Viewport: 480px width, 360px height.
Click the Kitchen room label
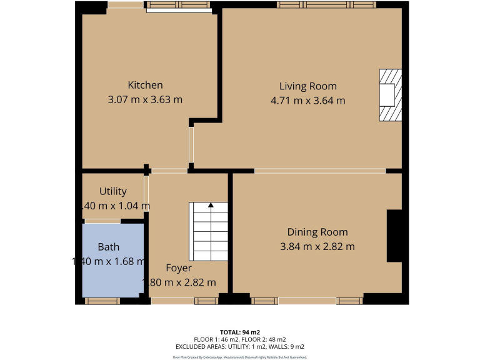145,85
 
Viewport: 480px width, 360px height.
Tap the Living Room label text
307,86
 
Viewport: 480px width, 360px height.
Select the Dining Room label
317,232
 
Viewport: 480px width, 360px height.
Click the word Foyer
178,268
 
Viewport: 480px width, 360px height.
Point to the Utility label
113,191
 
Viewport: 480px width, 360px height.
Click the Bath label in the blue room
108,247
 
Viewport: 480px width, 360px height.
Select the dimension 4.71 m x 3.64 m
307,100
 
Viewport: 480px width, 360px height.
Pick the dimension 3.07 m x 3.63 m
145,99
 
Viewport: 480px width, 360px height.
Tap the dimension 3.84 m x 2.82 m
317,246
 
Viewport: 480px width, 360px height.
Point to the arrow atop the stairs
211,204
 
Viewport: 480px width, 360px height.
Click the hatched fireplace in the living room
390,94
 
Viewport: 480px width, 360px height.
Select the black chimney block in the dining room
394,236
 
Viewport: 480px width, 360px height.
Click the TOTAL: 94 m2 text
239,332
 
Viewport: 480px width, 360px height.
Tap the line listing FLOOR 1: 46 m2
239,339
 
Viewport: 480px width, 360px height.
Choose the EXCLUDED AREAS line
239,346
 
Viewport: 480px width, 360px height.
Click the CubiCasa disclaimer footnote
239,357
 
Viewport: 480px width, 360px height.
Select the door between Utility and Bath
102,221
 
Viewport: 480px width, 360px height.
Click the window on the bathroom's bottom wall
102,301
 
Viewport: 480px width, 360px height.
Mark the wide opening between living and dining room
319,171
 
